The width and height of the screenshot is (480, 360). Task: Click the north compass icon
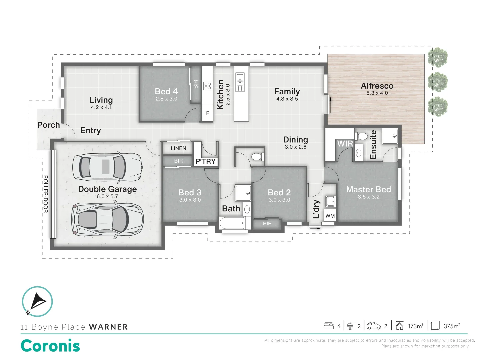click(37, 301)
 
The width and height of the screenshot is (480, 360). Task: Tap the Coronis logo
click(50, 346)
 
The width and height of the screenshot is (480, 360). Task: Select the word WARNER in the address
click(108, 327)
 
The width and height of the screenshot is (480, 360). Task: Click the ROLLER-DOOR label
click(46, 194)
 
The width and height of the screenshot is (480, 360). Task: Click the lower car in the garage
click(108, 220)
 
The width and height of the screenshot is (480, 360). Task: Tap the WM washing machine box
click(330, 216)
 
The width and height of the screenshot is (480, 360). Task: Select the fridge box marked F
click(207, 113)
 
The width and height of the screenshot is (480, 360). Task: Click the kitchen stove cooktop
click(208, 86)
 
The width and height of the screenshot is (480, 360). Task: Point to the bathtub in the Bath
click(232, 223)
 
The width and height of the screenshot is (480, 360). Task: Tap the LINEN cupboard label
click(178, 148)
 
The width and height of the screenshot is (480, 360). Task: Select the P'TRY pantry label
click(206, 162)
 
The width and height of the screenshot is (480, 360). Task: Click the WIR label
click(345, 144)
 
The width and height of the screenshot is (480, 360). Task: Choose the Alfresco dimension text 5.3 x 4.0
click(377, 93)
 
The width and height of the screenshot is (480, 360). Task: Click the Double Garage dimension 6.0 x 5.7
click(107, 197)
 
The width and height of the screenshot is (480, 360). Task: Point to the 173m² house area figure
click(415, 326)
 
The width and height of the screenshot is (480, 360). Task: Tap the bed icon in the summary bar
click(329, 326)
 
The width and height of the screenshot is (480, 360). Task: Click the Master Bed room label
click(368, 189)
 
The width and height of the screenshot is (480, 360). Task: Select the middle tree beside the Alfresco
click(438, 82)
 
